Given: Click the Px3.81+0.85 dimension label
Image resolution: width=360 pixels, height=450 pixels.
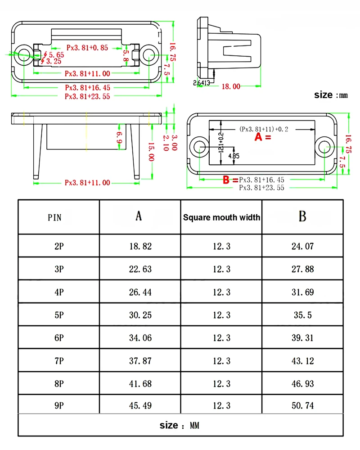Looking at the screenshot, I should point(87,47).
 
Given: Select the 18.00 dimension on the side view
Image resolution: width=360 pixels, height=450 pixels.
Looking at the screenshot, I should point(230,86).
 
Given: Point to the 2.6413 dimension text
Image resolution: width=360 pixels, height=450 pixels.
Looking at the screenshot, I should point(201,82).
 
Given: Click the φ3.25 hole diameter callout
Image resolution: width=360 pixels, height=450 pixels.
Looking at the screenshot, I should point(51,61).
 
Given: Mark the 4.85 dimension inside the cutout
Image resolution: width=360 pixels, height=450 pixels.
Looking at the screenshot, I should point(234,156).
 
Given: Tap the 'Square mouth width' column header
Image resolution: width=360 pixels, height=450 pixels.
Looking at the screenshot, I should point(221,217).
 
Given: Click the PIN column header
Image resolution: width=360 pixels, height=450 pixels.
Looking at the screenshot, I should point(58,217).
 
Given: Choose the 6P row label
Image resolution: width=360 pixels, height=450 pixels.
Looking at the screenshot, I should point(58,338).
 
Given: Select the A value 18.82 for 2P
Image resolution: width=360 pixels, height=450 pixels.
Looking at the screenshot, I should point(140,246).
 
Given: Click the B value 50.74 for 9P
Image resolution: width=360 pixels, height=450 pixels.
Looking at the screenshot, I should point(302,405).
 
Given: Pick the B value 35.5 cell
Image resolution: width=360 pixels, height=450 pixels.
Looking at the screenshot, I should point(302,315).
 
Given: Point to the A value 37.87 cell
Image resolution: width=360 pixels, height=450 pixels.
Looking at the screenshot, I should point(140,360).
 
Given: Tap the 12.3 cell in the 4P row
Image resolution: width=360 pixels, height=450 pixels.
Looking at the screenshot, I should point(221,292).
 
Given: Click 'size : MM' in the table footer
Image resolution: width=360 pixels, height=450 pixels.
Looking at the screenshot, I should point(180,425).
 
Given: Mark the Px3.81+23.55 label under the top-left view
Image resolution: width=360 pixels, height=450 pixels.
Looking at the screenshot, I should point(87,96).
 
